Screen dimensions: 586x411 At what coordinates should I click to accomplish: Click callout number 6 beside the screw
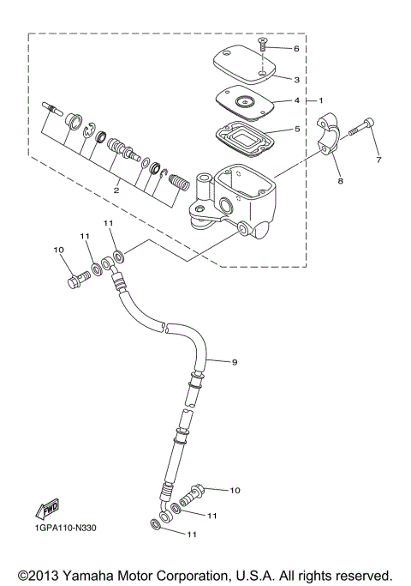coord(296,49)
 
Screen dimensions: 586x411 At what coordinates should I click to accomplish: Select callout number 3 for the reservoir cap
coord(296,80)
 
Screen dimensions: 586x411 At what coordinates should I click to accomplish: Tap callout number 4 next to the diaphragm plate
coord(296,100)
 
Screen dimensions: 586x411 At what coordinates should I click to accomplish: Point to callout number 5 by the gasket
coord(296,130)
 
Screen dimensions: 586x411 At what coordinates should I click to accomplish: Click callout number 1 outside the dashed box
coord(320,100)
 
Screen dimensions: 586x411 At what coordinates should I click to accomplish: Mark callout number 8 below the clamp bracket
coord(340,181)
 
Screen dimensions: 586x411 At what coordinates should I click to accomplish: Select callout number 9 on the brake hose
coord(235,362)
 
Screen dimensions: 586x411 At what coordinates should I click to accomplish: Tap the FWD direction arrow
coord(50,509)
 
